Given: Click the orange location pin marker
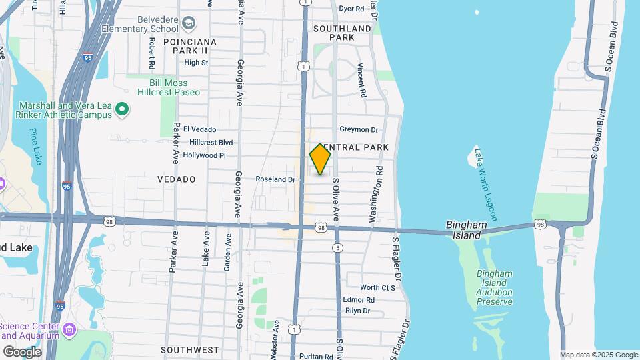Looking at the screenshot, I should (321, 159).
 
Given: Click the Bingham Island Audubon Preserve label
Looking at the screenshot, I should (495, 288).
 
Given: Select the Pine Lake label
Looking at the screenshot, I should (35, 147).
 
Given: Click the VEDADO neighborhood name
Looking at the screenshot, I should (177, 179).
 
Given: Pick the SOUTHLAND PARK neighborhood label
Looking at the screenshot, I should (342, 33).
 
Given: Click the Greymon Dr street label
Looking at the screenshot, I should (359, 130).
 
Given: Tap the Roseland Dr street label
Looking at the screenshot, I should (275, 179).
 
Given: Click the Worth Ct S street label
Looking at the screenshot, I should (378, 287).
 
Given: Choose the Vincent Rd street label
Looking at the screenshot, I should (362, 80).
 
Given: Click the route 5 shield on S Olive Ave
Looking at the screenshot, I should (339, 248).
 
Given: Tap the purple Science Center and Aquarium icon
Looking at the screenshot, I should (69, 329).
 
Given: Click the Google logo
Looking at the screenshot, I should (22, 351).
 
